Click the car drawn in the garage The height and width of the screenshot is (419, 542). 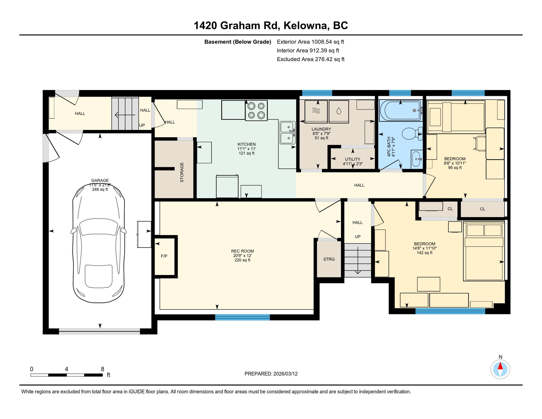point(99,243)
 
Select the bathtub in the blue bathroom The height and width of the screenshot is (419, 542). point(400,110)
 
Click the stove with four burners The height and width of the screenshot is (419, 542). point(256,110)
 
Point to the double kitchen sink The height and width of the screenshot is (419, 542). point(287,133)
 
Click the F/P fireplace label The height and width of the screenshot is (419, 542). point(164,256)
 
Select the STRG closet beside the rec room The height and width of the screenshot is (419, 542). point(329,259)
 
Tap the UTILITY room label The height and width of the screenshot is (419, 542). point(353,159)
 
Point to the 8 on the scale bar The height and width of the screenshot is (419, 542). point(103,369)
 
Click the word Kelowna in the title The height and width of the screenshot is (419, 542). point(305,26)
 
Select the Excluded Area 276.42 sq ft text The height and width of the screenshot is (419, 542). point(311,59)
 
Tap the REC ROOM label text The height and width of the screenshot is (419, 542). point(242,251)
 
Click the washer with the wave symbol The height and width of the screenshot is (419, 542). point(316,111)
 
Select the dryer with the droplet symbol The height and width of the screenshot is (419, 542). point(339,111)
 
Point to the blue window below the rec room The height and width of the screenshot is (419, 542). point(242,317)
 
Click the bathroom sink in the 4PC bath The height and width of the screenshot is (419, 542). point(416,159)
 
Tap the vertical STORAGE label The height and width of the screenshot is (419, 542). point(182,172)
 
